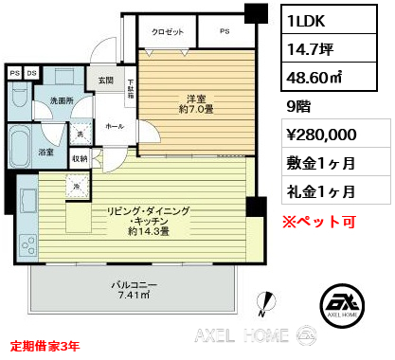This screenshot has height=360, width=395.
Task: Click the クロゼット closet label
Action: click(x=167, y=32)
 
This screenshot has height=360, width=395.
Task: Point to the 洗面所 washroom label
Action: click(x=62, y=100)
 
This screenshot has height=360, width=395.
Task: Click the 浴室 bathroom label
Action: click(x=46, y=151)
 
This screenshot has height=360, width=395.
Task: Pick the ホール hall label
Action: click(x=114, y=125)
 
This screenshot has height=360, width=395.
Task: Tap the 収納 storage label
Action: click(x=80, y=159)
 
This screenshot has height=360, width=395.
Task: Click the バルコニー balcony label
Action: click(x=134, y=284)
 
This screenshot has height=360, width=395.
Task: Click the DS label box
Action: click(x=31, y=72)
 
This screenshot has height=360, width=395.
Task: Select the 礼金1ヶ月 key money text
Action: click(x=319, y=191)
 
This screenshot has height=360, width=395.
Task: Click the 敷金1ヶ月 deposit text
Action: click(x=319, y=163)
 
